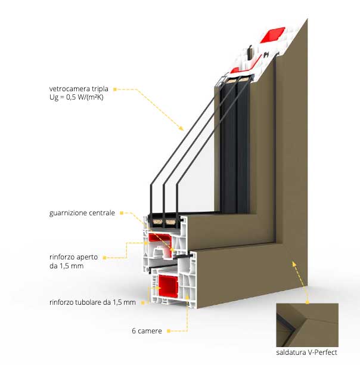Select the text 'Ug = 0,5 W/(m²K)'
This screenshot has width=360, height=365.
click(x=76, y=97)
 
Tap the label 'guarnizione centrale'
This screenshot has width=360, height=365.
click(x=82, y=213)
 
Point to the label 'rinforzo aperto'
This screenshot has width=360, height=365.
click(x=73, y=257)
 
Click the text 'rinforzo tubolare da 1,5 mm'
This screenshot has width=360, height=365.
click(x=92, y=302)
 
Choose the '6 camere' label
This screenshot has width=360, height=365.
click(x=147, y=331)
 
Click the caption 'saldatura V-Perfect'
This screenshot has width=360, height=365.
click(x=306, y=352)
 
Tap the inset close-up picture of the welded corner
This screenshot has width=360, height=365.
click(x=307, y=325)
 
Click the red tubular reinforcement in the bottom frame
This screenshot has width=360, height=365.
click(x=168, y=286)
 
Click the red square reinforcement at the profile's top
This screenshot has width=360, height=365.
click(x=272, y=35)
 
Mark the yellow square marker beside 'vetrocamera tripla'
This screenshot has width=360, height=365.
click(x=115, y=89)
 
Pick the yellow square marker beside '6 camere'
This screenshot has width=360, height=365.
click(x=169, y=331)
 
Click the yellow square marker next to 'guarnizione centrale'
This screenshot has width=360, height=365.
click(x=122, y=213)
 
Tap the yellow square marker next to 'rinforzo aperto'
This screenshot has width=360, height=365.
click(x=104, y=258)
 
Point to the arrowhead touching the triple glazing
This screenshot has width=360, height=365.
click(x=181, y=128)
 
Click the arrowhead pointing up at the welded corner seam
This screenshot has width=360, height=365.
click(x=294, y=264)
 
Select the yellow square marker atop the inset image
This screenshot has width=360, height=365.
click(x=308, y=302)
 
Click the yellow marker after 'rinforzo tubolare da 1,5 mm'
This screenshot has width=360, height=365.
click(x=143, y=302)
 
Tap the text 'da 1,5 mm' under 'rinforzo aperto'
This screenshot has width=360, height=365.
click(x=67, y=266)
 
